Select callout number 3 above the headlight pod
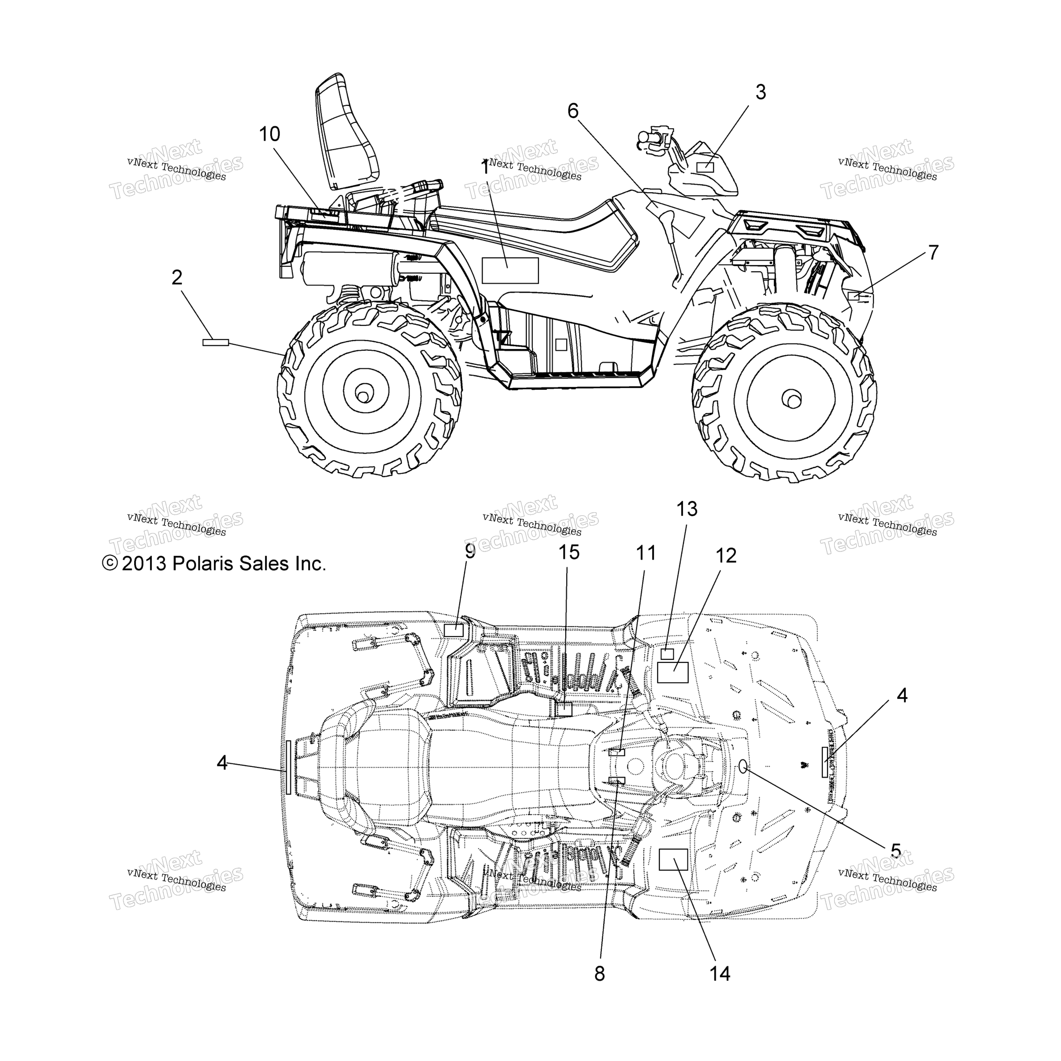pyautogui.click(x=760, y=92)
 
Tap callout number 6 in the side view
pyautogui.click(x=573, y=111)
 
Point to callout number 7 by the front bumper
pyautogui.click(x=933, y=252)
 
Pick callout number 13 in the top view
pyautogui.click(x=687, y=509)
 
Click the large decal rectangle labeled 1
pyautogui.click(x=510, y=270)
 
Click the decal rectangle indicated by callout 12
pyautogui.click(x=673, y=672)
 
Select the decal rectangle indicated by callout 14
pyautogui.click(x=673, y=859)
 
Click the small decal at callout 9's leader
pyautogui.click(x=453, y=630)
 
